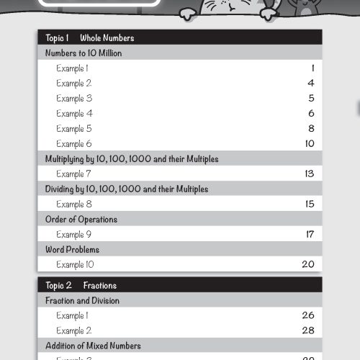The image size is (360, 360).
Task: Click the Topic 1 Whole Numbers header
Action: [x=90, y=38]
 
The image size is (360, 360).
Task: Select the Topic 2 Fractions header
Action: [x=81, y=285]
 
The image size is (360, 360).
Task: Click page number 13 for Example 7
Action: [x=309, y=174]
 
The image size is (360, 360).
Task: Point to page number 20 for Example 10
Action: [x=307, y=265]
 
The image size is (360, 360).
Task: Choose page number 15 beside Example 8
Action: [x=309, y=204]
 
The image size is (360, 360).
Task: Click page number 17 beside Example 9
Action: [x=309, y=235]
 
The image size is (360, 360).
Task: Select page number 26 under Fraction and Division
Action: [x=307, y=315]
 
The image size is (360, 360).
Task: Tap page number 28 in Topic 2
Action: [x=307, y=330]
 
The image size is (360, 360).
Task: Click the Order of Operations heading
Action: [x=81, y=220]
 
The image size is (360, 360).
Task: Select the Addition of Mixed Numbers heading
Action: [x=93, y=346]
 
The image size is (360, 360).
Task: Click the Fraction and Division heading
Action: [x=82, y=300]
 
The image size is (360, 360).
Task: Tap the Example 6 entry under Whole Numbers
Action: [x=74, y=144]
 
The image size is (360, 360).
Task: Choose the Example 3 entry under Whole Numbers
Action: [x=74, y=99]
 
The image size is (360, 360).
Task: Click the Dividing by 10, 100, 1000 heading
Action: [x=127, y=189]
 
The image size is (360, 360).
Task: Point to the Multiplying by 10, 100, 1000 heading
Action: [x=132, y=159]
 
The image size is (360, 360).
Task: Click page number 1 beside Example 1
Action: [x=312, y=68]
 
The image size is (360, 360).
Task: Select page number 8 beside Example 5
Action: [x=311, y=129]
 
